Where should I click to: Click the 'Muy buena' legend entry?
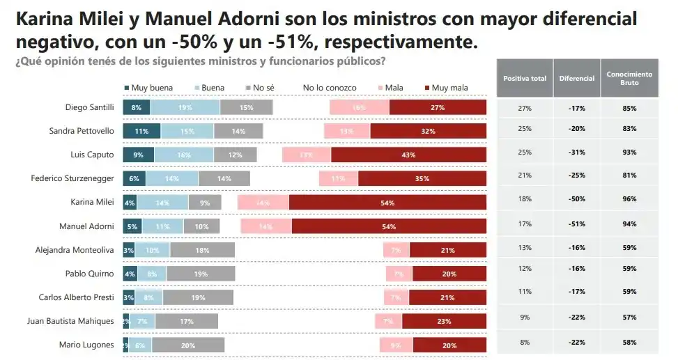point(148,88)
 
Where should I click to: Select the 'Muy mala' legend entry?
point(446,88)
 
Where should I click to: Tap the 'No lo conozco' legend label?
point(330,88)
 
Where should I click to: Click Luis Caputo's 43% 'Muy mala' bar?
point(408,155)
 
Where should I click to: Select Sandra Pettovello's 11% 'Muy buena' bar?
point(141,131)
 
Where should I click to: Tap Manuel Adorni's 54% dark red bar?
point(389,226)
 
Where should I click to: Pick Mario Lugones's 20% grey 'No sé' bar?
point(188,345)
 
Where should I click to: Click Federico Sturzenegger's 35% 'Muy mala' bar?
point(422,179)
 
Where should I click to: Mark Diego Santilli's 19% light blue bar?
point(185,107)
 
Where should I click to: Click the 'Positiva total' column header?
point(524,79)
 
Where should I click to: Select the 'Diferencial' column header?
point(576,79)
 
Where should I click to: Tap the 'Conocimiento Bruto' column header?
point(629,79)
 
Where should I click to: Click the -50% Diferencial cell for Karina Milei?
point(576,200)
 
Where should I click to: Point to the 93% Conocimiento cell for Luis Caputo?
point(629,152)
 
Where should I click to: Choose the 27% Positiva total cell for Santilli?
point(524,109)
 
